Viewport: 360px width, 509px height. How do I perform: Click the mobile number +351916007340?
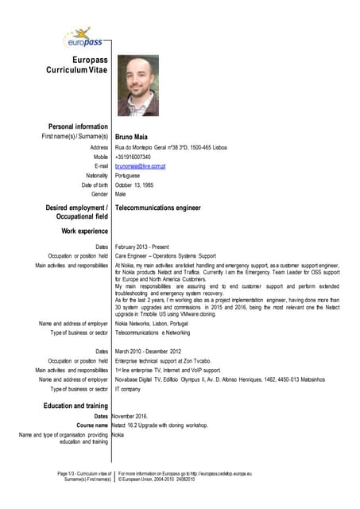point(133,157)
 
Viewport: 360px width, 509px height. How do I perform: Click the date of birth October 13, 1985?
point(138,185)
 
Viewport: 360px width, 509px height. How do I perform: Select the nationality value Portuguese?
point(128,175)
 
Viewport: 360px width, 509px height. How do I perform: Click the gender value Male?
point(121,194)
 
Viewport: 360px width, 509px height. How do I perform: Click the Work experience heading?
point(84,231)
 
